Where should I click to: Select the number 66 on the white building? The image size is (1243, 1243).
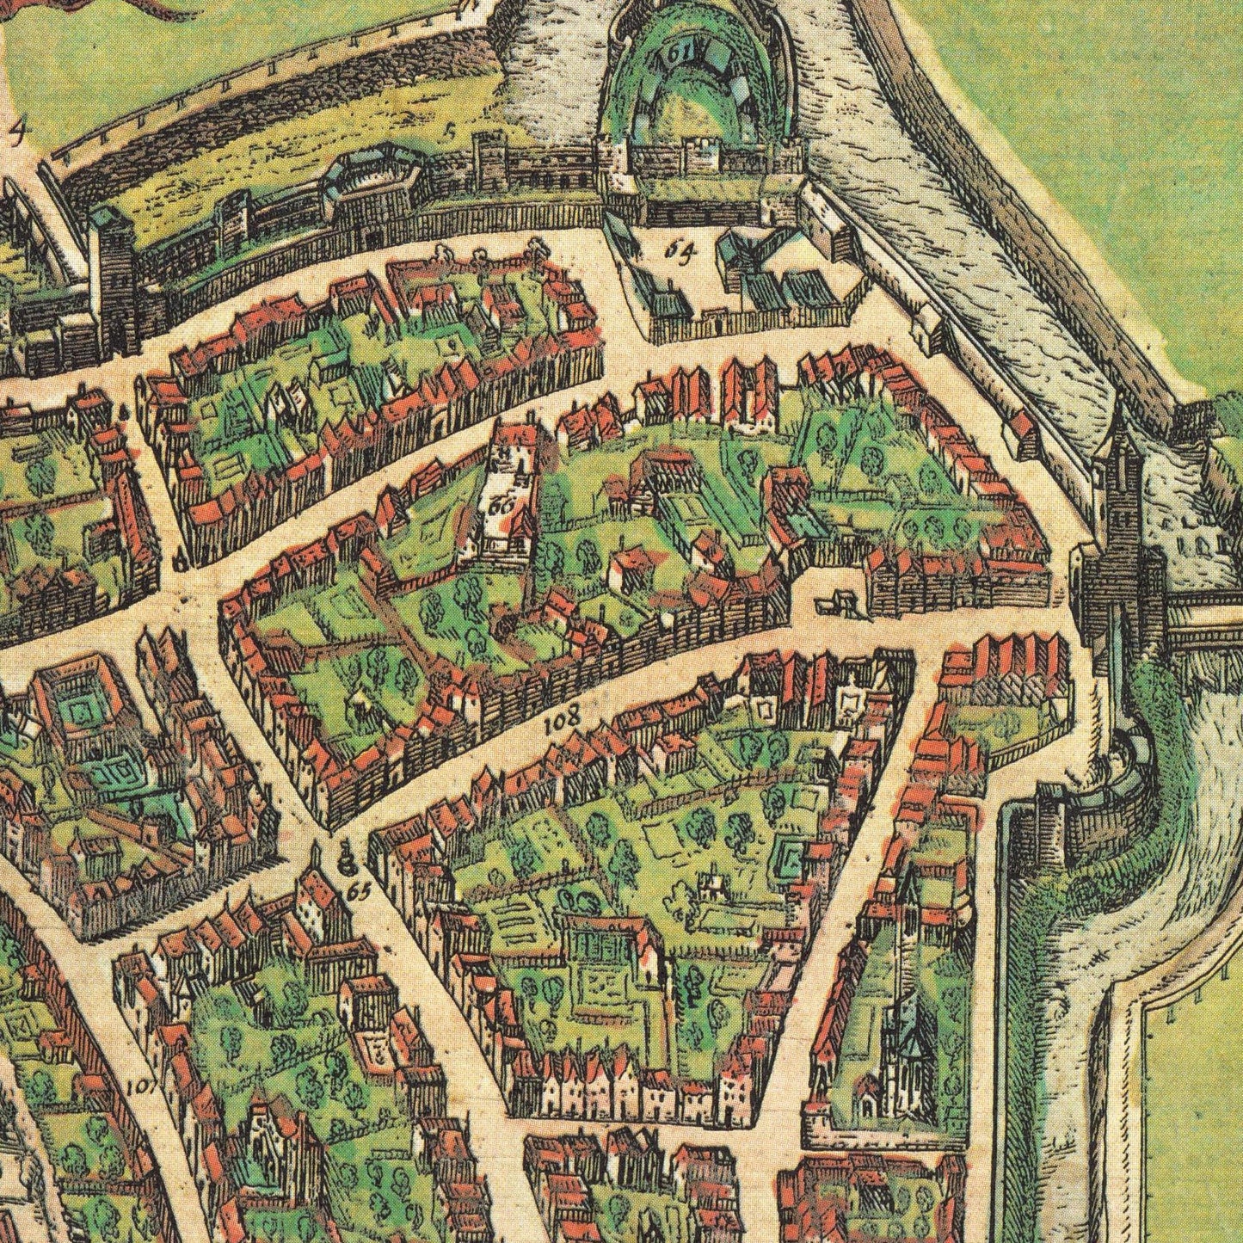click(x=498, y=506)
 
